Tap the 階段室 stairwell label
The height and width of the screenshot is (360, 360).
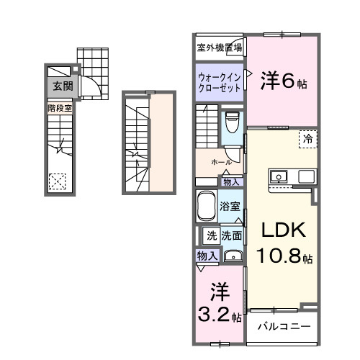click(60, 108)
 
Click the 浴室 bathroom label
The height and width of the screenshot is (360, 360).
click(230, 206)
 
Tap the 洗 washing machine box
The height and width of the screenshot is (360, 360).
click(211, 235)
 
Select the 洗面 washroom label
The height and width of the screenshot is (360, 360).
click(232, 235)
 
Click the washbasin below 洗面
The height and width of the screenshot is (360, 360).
click(233, 256)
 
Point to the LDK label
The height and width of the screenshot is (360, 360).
click(283, 231)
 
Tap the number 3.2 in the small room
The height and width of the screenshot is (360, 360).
click(214, 314)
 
